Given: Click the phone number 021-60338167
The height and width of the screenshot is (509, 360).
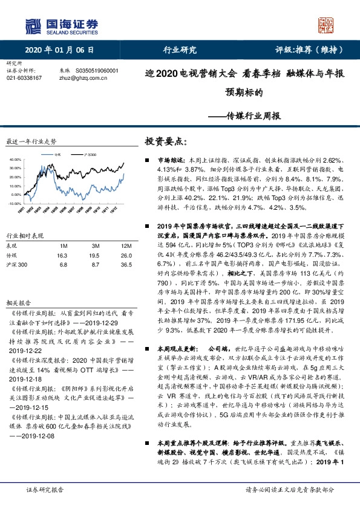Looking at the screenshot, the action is point(24,78).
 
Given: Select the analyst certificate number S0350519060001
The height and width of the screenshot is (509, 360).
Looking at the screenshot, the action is point(97,71).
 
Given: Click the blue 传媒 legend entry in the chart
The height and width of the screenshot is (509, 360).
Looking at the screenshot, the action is point(57,154).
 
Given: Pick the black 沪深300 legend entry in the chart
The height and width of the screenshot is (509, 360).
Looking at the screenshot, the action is point(88,154).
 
